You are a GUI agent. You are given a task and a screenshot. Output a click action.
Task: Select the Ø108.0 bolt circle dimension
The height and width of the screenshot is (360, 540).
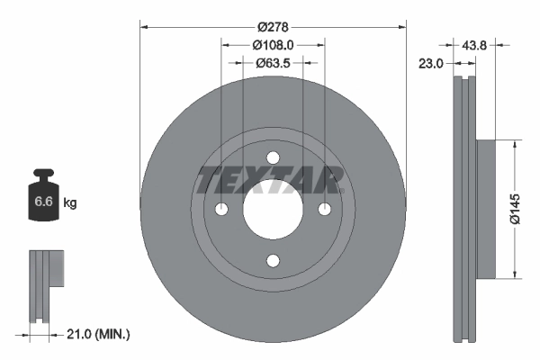(x=273, y=45)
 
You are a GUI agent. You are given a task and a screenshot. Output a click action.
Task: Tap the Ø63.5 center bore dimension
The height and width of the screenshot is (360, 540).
(x=273, y=63)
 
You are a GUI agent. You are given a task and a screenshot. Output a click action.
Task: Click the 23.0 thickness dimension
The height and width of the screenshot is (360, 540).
(x=432, y=63)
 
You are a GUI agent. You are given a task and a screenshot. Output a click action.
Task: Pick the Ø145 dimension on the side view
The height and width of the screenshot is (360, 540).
(x=514, y=209)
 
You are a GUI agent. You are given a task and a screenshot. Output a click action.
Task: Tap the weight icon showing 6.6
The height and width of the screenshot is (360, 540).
(x=42, y=200)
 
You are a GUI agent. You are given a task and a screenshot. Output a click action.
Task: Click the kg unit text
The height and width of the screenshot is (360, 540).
(x=70, y=203)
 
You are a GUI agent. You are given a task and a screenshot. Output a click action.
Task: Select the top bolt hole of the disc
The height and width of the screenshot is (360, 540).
(x=273, y=157)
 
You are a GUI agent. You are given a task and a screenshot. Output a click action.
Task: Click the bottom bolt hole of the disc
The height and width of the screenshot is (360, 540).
(x=273, y=261)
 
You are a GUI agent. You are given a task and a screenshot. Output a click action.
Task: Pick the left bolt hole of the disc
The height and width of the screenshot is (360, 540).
(x=221, y=209)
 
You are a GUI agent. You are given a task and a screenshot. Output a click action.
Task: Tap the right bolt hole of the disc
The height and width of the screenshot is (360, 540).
(x=325, y=209)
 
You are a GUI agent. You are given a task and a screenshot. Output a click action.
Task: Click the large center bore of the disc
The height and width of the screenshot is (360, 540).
(x=273, y=209)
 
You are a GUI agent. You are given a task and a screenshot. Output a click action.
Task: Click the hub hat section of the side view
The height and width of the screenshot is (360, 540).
(x=484, y=209)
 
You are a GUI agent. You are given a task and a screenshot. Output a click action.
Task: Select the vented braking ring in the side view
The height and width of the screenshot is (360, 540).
(x=463, y=209)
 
